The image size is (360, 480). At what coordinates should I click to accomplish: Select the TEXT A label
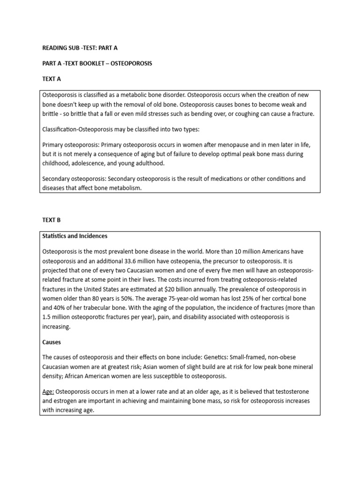click(52, 79)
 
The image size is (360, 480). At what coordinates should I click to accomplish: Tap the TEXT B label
click(52, 219)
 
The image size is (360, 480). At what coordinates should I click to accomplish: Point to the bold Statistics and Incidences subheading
click(75, 236)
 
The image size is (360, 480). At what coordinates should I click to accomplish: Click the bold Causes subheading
click(52, 342)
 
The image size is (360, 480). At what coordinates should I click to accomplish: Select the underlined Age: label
click(48, 391)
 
